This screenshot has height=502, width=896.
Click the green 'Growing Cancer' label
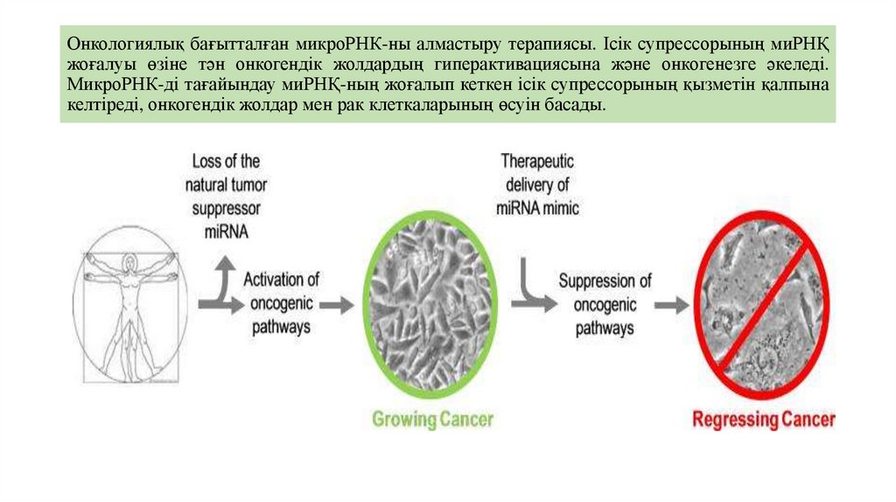tap(432, 419)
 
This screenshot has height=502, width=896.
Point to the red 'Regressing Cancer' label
tap(764, 420)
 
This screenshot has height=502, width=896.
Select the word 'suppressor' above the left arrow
tap(223, 208)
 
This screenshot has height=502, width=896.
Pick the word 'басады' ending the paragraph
tap(577, 105)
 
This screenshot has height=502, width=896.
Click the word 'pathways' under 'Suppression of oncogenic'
tap(605, 328)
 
